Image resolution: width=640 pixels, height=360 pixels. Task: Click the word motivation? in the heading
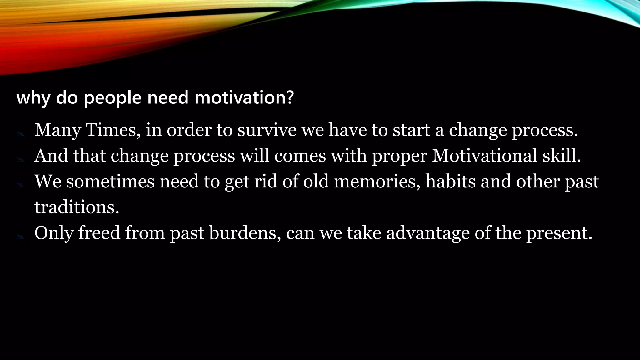coord(244,97)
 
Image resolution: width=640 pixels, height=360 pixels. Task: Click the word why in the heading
coord(33,98)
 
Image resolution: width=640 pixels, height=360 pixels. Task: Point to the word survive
coord(267,130)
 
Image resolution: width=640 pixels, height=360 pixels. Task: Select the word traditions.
coord(77,207)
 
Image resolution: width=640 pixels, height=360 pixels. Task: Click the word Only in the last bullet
coord(53,233)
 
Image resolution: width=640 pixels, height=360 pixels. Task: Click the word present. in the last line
coord(559,233)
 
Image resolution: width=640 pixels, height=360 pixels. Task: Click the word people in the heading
coord(113,98)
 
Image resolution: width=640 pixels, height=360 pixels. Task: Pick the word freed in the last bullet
coord(99,233)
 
